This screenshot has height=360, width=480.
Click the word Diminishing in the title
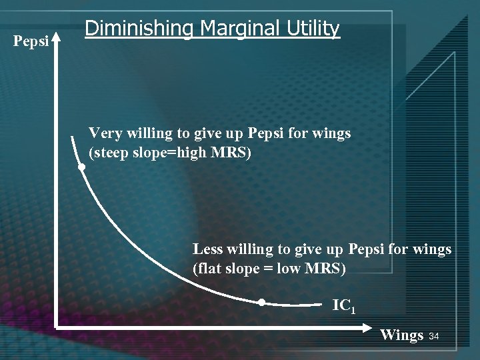click(x=139, y=29)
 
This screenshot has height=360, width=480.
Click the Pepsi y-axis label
click(x=31, y=42)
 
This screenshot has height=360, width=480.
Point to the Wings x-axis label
click(x=401, y=335)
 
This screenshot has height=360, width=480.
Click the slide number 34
click(x=434, y=336)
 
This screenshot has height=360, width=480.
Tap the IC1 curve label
click(x=344, y=306)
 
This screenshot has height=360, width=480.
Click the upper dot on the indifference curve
click(x=81, y=168)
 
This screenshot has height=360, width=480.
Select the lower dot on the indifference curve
click(x=262, y=303)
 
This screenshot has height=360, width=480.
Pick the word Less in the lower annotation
click(x=208, y=249)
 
